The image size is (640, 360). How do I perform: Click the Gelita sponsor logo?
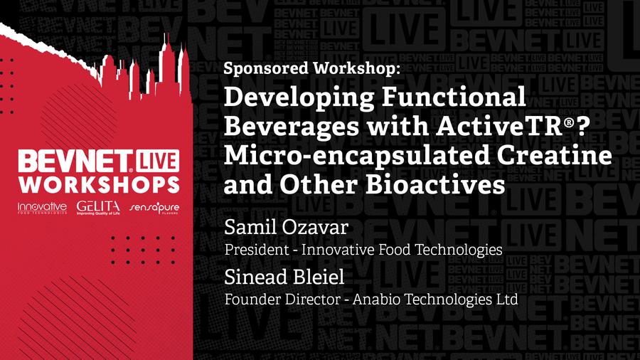[98, 208]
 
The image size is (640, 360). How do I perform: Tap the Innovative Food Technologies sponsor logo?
[42, 208]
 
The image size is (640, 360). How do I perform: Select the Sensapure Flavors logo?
[154, 208]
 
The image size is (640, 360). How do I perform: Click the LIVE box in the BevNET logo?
[158, 161]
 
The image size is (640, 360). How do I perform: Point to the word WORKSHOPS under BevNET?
[99, 184]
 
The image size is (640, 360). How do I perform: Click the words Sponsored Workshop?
[311, 68]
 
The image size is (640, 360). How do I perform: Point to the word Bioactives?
[435, 184]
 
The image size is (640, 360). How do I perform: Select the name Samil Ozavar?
[286, 228]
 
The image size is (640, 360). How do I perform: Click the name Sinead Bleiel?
[284, 277]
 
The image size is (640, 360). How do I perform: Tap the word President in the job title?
[257, 250]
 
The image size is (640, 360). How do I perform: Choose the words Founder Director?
[282, 300]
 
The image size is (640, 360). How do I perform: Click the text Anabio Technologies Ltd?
[435, 300]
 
